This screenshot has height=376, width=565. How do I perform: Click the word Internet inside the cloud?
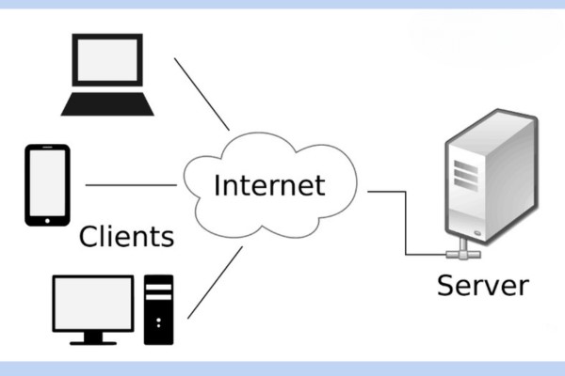click(x=269, y=183)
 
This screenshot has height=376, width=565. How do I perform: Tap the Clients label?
click(x=127, y=235)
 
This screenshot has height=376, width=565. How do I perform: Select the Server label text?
click(x=483, y=284)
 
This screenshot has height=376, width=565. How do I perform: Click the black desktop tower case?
click(x=159, y=307)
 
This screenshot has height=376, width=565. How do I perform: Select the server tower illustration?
click(x=489, y=179)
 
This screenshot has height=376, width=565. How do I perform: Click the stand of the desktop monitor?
click(x=92, y=336)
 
